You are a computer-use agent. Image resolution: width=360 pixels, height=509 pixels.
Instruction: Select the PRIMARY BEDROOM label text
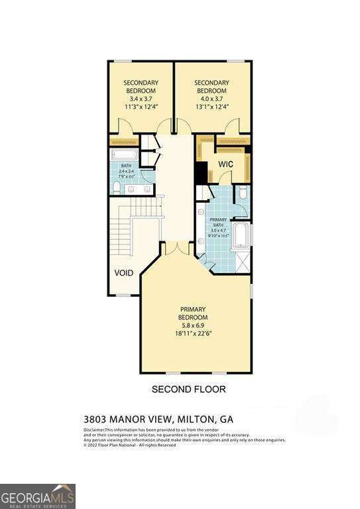point(193,313)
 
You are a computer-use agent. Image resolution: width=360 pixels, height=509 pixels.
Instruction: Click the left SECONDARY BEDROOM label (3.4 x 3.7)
point(140,87)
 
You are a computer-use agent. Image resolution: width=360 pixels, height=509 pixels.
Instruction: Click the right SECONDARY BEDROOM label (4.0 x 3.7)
point(211,87)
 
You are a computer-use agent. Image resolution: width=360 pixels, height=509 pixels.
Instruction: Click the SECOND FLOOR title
point(189,389)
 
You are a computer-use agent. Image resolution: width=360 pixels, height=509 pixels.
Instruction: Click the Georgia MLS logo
point(38,496)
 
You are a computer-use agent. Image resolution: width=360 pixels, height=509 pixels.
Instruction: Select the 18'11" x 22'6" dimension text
point(193,335)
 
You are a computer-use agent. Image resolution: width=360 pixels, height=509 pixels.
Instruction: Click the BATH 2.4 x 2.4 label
point(126,173)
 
